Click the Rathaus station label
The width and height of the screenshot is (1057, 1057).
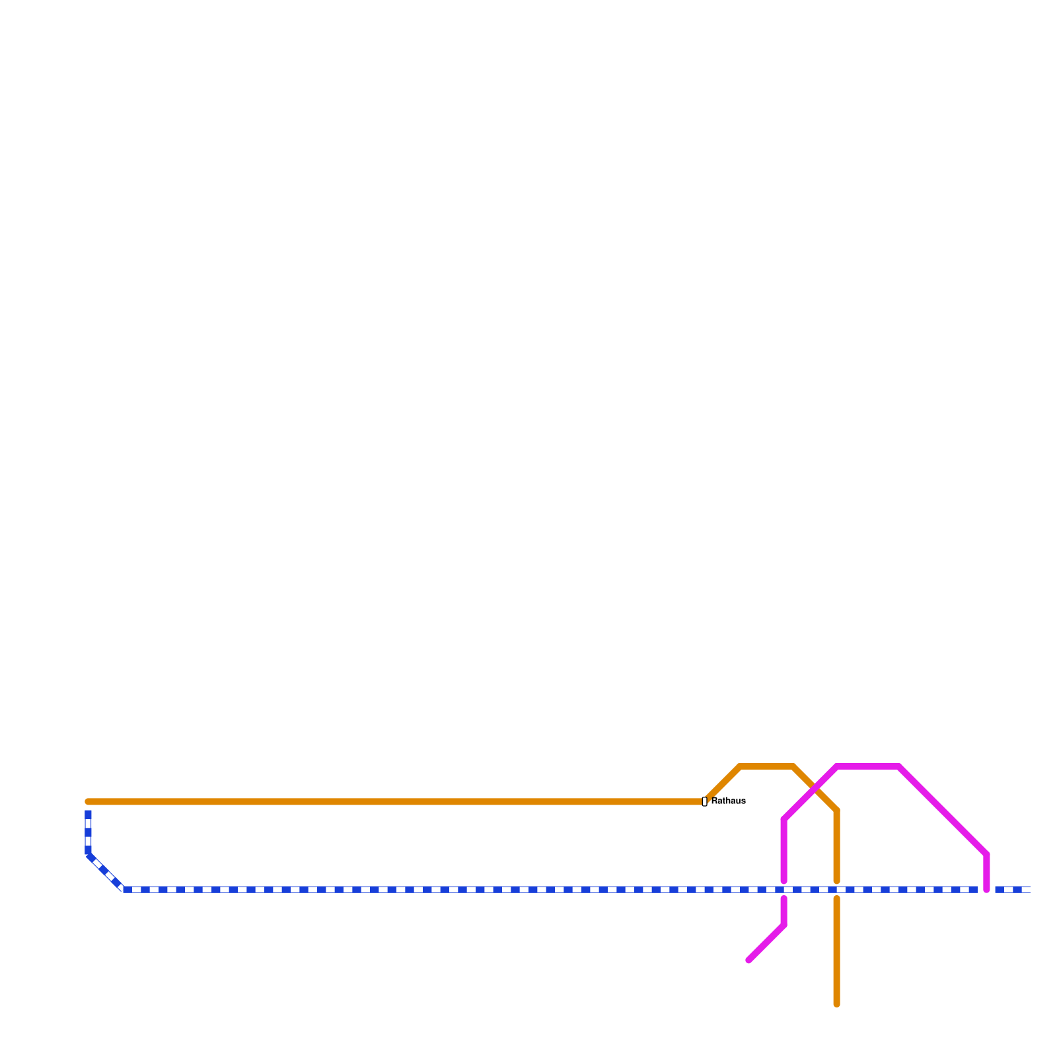coord(728,801)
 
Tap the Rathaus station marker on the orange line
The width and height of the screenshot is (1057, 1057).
coord(704,802)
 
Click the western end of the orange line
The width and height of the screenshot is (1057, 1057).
coord(89,802)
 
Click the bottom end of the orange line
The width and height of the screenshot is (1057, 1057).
coord(836,1004)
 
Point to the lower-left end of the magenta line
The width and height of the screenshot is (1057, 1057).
coord(748,961)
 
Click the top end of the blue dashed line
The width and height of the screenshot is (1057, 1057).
coord(88,812)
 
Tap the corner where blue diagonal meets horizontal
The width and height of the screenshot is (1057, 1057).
coord(124,889)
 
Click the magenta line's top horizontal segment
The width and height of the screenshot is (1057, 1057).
coord(868,766)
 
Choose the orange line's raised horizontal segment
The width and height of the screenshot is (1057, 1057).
coord(766,766)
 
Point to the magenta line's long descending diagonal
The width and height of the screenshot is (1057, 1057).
coord(943,810)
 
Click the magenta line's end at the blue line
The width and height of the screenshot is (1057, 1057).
coord(986,889)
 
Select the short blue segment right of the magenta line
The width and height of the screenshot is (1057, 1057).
coord(1012,889)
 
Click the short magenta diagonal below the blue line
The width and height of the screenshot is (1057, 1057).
coord(766,943)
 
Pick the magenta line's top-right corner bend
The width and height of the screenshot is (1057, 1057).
coord(900,766)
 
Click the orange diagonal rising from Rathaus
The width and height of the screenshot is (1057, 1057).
coord(724,784)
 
